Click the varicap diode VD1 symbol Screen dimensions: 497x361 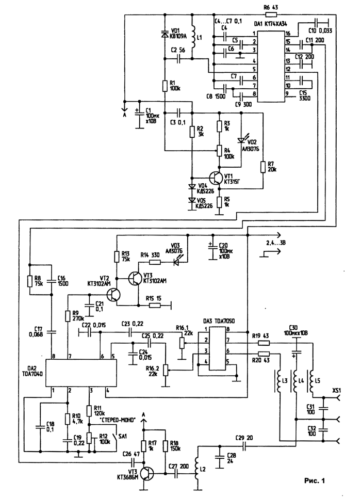point(165,34)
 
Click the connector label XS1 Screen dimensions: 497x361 point(337,391)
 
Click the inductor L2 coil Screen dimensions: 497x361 point(197,469)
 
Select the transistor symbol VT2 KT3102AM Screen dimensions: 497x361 point(114,295)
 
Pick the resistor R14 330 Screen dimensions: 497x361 point(155,262)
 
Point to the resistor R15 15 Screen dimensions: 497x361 point(155,306)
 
